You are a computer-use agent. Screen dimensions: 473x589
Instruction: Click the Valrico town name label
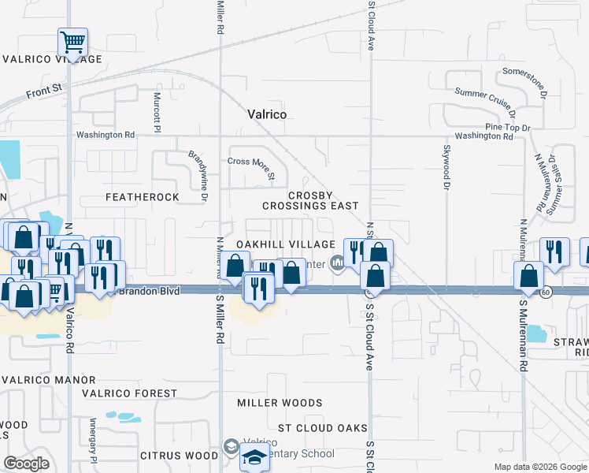click(x=266, y=114)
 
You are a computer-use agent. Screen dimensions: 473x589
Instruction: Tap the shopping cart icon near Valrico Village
click(x=72, y=42)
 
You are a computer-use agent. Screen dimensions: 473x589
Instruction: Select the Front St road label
click(x=43, y=92)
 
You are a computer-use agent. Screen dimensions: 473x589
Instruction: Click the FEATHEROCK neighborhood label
click(x=142, y=196)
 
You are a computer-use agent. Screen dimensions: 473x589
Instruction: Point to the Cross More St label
click(x=250, y=164)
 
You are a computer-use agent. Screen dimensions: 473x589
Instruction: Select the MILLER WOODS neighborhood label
click(x=280, y=403)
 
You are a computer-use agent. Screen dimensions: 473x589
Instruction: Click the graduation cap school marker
click(x=255, y=457)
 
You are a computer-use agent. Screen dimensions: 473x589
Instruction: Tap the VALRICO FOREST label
click(x=133, y=393)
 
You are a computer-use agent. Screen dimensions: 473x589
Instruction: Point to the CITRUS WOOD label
click(x=179, y=456)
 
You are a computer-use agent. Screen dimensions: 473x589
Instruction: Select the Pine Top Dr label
click(x=508, y=127)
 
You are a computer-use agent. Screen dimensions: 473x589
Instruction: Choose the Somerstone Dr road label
click(x=525, y=80)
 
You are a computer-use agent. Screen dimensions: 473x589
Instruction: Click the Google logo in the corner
click(x=26, y=464)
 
